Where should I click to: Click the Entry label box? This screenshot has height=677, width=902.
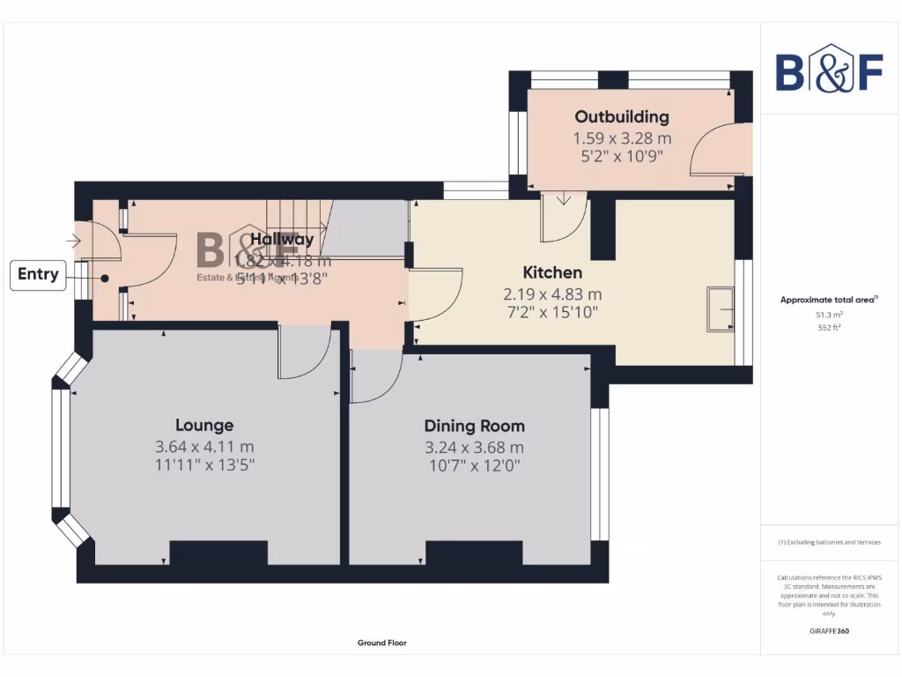click(x=39, y=274)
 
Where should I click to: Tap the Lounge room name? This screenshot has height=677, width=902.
click(x=204, y=425)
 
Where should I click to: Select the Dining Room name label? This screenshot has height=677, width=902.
click(x=474, y=426)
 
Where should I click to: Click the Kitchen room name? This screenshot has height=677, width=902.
click(x=552, y=272)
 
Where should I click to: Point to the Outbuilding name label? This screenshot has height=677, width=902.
click(x=622, y=116)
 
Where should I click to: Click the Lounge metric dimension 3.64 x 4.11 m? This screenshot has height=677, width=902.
click(x=204, y=447)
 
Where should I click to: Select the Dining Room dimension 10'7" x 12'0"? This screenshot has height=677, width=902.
click(x=474, y=465)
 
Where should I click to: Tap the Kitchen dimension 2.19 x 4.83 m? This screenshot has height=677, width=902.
click(x=552, y=294)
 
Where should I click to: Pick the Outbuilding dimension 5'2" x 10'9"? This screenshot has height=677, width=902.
click(x=622, y=156)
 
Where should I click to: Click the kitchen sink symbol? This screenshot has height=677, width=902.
click(x=720, y=309)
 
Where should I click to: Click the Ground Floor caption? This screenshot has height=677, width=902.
click(x=382, y=643)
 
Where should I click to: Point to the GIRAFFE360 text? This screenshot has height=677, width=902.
click(x=829, y=631)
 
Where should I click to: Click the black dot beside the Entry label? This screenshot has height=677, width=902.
click(x=105, y=278)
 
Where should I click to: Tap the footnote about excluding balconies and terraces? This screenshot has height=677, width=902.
click(x=829, y=542)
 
